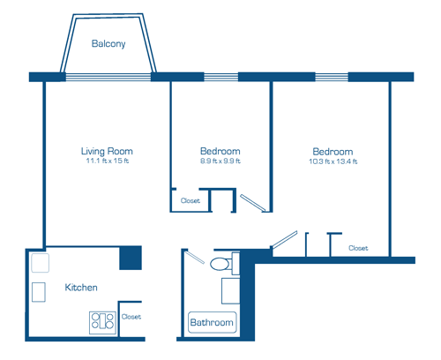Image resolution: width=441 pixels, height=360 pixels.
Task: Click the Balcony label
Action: click(x=108, y=44)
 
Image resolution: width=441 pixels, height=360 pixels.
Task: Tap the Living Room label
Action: click(x=107, y=152)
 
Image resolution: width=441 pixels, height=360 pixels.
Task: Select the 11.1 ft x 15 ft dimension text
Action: click(x=108, y=161)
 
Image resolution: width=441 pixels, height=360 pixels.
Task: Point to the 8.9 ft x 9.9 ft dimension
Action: click(x=220, y=161)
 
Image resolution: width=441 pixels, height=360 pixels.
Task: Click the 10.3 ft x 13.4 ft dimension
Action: click(x=333, y=161)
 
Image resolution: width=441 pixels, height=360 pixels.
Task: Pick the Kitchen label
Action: click(x=81, y=288)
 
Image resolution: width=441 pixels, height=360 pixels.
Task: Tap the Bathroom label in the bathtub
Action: click(x=212, y=322)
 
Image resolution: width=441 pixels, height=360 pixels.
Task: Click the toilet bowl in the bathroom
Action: click(x=220, y=264)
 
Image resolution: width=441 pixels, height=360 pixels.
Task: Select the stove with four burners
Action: click(x=102, y=323)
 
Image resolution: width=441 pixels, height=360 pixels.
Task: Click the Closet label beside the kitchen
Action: click(x=131, y=317)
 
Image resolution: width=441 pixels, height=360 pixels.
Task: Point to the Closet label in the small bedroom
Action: click(x=191, y=200)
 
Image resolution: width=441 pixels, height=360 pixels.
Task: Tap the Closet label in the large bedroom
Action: click(x=358, y=248)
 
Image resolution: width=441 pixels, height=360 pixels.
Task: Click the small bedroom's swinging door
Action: click(x=253, y=203)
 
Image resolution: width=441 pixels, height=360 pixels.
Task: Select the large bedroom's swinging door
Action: click(x=284, y=239)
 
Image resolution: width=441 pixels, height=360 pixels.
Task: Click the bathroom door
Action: click(x=195, y=257)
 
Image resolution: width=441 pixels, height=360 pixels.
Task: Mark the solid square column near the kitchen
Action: click(x=131, y=258)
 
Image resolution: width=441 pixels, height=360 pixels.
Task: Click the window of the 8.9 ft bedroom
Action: click(x=221, y=77)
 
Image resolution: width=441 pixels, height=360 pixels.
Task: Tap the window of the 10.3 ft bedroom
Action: click(x=332, y=77)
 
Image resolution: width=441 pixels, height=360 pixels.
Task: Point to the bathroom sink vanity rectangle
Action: click(x=230, y=291)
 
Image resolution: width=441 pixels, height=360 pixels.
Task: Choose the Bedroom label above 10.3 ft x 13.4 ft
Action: click(x=333, y=152)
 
